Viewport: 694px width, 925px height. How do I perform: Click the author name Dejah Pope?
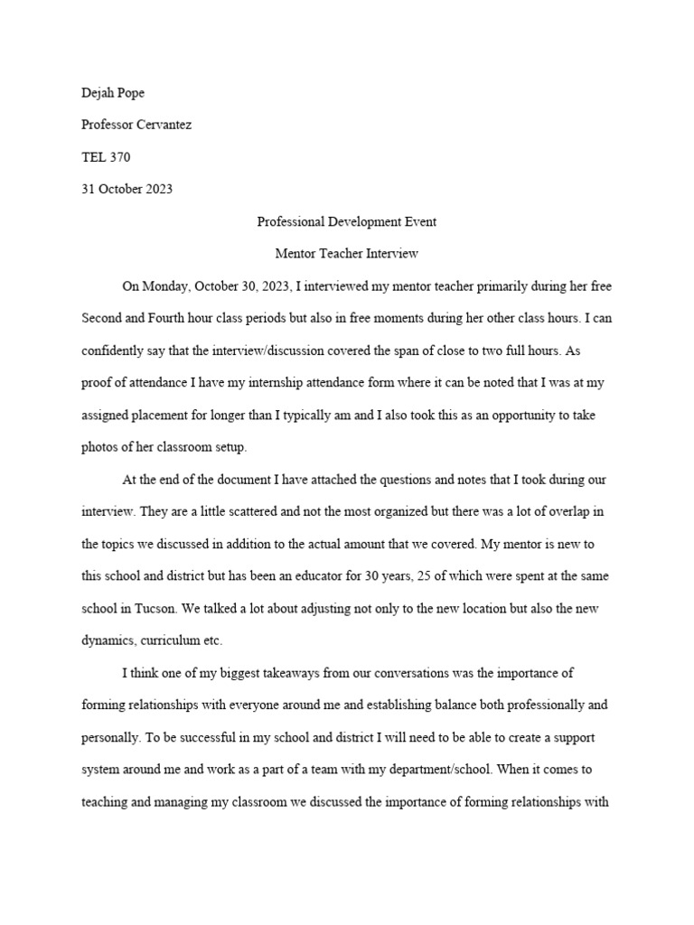(112, 93)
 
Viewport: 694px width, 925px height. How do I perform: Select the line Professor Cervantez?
(136, 125)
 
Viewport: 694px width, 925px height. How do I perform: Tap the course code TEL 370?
(106, 157)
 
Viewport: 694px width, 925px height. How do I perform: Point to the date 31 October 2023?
(127, 189)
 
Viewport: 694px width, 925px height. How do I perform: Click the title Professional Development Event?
(347, 221)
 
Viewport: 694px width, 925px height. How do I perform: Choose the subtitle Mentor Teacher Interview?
(347, 254)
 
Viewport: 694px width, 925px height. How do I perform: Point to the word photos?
(99, 447)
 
